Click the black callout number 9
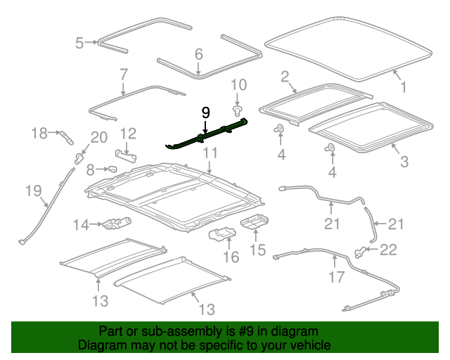[205, 112]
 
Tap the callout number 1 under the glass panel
[404, 87]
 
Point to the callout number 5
[79, 43]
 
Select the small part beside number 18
[65, 134]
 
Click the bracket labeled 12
[126, 153]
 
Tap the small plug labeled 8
[110, 169]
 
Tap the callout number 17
[337, 276]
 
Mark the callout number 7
[123, 74]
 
